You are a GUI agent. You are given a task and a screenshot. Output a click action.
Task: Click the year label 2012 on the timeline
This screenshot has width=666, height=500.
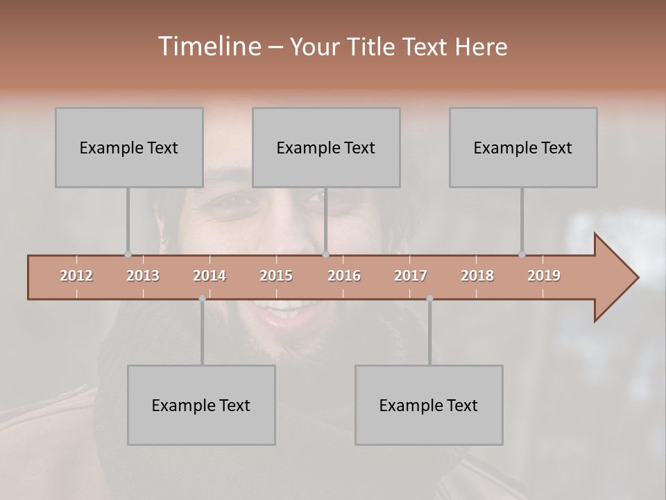(x=76, y=276)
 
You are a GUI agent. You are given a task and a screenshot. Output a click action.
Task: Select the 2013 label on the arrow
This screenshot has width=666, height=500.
(x=143, y=276)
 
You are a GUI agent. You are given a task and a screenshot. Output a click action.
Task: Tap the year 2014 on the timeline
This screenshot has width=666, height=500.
(x=210, y=276)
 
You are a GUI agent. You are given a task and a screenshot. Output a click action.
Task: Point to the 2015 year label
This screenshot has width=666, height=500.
(x=276, y=276)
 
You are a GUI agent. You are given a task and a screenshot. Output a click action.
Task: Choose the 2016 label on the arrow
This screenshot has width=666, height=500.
(x=344, y=276)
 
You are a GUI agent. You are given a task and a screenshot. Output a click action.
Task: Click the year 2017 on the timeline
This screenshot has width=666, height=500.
(x=411, y=276)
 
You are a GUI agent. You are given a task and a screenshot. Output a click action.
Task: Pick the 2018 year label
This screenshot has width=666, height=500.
(x=477, y=276)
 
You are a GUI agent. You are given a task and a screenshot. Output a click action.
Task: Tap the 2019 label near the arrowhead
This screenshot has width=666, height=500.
(x=544, y=276)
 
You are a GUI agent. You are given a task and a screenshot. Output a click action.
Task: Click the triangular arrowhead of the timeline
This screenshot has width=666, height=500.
(x=614, y=278)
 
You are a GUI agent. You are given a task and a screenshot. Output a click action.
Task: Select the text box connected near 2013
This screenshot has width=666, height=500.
(x=129, y=147)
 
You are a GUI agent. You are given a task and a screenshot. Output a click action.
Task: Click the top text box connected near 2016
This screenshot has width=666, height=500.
(x=326, y=147)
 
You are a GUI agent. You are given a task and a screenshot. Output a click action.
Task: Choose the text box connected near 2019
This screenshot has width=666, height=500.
(x=523, y=147)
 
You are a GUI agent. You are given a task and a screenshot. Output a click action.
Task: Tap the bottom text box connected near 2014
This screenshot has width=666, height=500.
(x=201, y=405)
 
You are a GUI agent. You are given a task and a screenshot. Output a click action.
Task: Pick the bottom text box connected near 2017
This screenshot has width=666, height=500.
(x=429, y=405)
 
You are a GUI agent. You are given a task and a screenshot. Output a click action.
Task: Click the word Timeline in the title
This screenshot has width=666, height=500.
(x=208, y=47)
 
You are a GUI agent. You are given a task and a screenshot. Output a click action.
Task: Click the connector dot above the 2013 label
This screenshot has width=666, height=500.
(x=128, y=255)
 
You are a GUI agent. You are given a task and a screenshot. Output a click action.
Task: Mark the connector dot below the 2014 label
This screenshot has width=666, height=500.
(x=202, y=299)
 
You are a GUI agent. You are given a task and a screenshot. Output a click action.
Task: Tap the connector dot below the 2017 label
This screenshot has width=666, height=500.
(x=429, y=299)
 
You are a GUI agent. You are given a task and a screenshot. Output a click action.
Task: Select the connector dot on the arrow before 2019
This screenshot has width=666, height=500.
(x=522, y=255)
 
